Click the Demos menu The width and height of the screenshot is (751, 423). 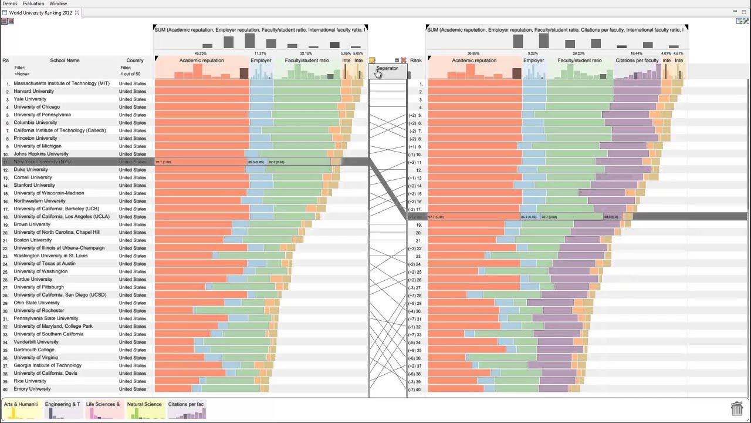coord(9,4)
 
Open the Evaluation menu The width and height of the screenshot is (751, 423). coord(33,4)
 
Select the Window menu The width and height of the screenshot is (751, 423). coord(58,4)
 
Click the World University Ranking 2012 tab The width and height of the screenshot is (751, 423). coord(40,12)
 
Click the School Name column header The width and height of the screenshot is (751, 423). coord(65,60)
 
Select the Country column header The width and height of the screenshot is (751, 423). coord(134,60)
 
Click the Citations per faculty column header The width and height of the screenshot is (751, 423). coord(637,60)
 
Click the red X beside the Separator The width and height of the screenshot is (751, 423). coord(404,60)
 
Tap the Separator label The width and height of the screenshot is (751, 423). coord(387,68)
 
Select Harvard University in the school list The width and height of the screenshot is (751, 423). coord(33,91)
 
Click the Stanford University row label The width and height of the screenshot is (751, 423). coord(34,185)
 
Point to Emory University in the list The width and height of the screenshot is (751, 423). coord(32,389)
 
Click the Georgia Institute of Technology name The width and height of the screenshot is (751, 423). coord(48,365)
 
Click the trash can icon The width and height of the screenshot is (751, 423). coord(737,408)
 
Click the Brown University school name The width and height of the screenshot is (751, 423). coord(32,224)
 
